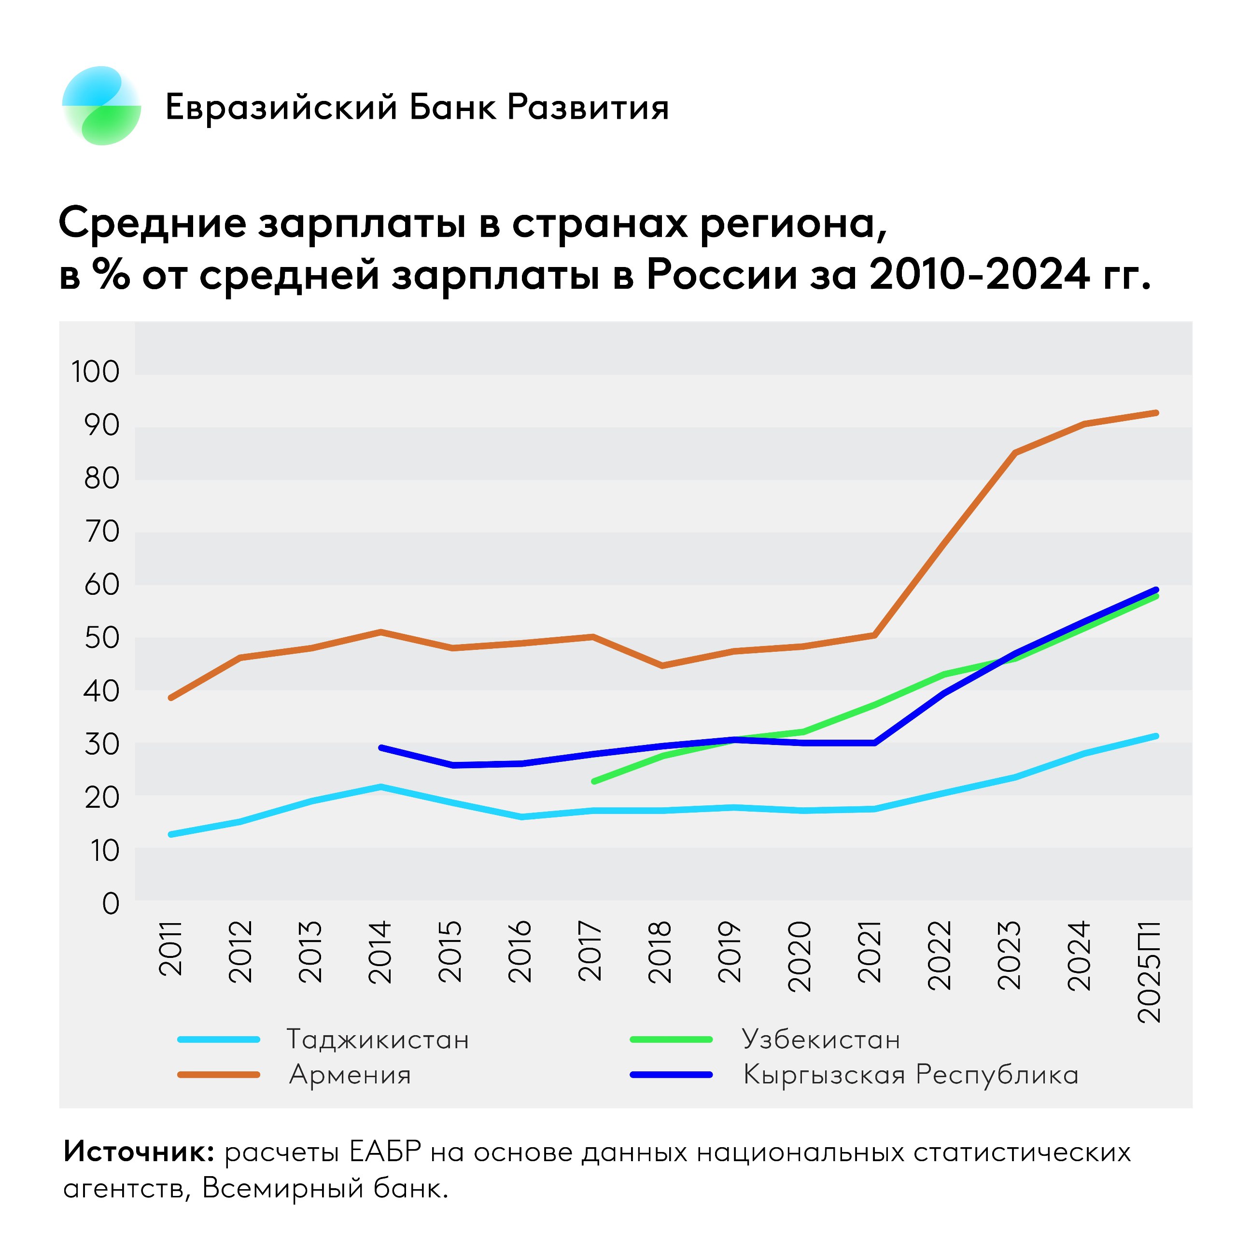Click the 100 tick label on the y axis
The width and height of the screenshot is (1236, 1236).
[x=95, y=372]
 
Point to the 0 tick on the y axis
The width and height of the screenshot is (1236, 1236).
[x=111, y=903]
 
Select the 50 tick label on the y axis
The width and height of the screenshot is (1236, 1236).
[x=102, y=638]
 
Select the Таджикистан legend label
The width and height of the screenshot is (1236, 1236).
[x=378, y=1039]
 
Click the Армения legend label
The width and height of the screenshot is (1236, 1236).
[x=350, y=1075]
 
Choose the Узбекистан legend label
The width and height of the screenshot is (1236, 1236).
[x=821, y=1039]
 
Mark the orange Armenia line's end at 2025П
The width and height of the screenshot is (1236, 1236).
[x=1156, y=413]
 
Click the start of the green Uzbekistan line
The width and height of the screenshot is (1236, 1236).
[x=594, y=781]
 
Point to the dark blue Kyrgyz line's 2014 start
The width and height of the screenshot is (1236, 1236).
[x=381, y=747]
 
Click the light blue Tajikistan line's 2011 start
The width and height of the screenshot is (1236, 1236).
[x=171, y=834]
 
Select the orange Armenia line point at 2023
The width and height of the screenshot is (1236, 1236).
[x=1015, y=453]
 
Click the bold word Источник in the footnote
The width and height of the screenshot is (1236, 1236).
[x=138, y=1152]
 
